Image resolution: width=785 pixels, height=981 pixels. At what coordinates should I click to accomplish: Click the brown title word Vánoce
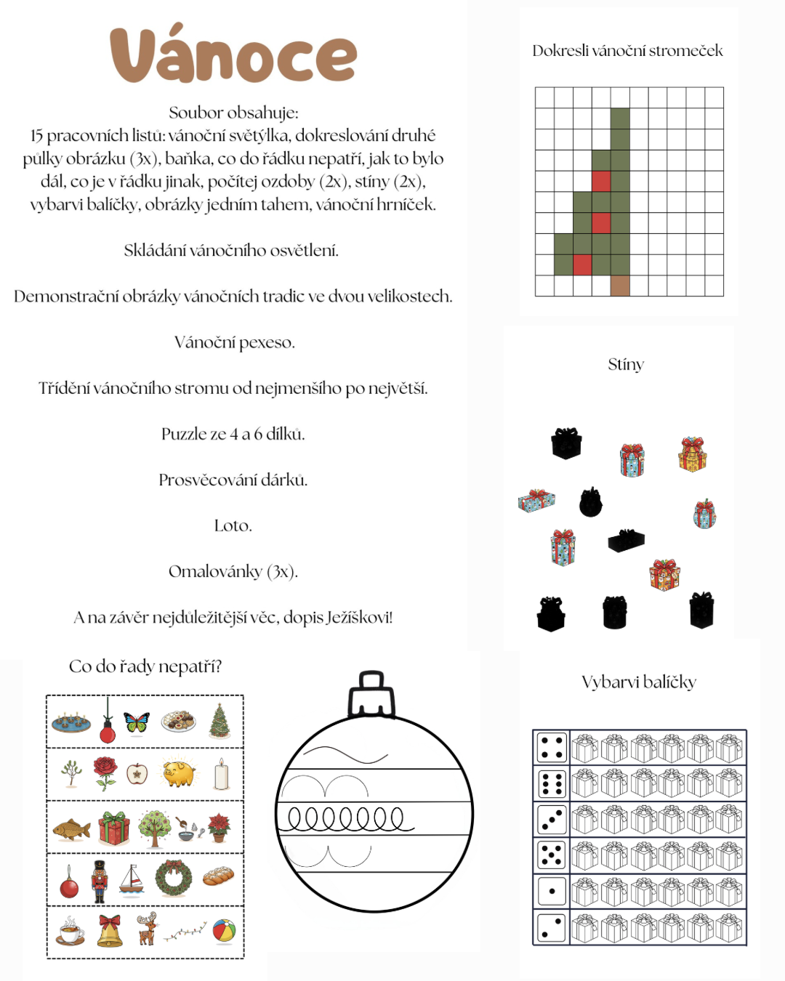(x=233, y=55)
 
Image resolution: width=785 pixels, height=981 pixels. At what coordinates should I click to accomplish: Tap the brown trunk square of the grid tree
(x=620, y=286)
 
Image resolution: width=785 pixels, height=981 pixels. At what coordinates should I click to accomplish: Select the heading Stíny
(x=626, y=364)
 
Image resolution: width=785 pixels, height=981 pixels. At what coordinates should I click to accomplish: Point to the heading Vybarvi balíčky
(x=639, y=682)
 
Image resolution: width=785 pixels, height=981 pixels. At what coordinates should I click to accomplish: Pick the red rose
(x=105, y=772)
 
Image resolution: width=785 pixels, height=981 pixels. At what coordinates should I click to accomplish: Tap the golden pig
(x=179, y=774)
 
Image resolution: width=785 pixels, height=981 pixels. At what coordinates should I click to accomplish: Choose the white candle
(x=222, y=775)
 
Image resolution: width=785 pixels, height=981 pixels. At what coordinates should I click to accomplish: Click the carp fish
(x=71, y=828)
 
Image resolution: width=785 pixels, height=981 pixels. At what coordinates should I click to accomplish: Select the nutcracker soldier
(x=99, y=881)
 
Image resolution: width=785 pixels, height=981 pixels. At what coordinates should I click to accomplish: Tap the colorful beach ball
(x=224, y=931)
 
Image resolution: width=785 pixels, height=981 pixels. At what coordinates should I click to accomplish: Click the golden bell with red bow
(x=110, y=931)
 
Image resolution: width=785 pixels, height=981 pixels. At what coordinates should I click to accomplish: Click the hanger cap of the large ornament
(x=371, y=694)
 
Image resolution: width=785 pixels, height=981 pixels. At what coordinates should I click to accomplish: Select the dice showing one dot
(x=552, y=891)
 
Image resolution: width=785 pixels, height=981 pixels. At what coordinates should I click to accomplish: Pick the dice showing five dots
(x=552, y=855)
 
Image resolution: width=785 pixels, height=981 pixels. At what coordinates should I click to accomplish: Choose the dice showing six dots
(x=552, y=784)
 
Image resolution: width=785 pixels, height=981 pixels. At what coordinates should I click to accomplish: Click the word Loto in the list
(x=233, y=525)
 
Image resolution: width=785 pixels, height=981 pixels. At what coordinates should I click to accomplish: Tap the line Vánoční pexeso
(x=234, y=342)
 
